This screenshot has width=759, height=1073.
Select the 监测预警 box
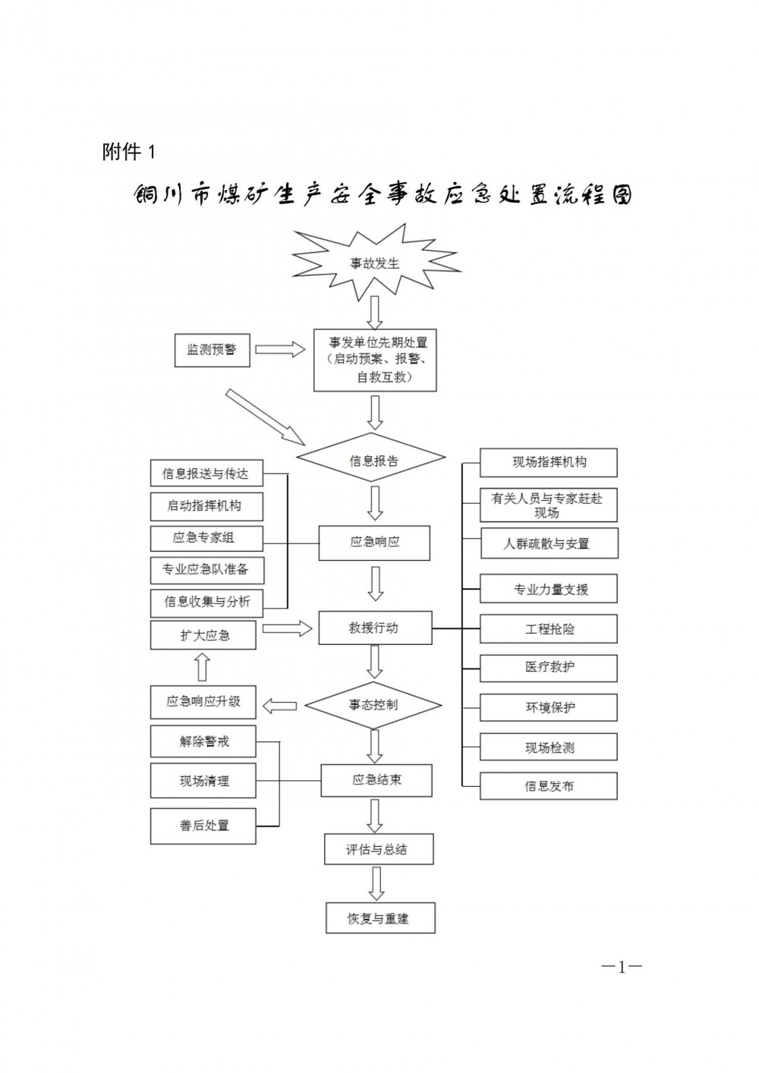[x=212, y=350]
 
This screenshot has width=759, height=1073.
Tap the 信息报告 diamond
[x=372, y=459]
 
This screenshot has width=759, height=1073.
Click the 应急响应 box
[x=374, y=543]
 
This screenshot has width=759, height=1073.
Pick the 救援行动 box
[x=374, y=628]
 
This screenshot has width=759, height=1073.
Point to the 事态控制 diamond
[x=373, y=705]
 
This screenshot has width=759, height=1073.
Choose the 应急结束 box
[x=376, y=780]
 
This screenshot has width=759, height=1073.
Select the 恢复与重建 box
[x=379, y=918]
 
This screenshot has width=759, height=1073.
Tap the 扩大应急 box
[x=203, y=634]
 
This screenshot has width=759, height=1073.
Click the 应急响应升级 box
[x=203, y=702]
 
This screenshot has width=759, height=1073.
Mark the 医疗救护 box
[x=549, y=668]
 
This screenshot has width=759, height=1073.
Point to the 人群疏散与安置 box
[x=549, y=543]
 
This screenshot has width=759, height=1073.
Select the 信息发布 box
[x=549, y=786]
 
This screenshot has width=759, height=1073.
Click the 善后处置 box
[x=203, y=826]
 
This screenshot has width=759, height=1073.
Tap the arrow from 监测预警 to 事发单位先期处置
[x=279, y=349]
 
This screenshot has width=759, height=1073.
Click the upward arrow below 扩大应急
[x=203, y=667]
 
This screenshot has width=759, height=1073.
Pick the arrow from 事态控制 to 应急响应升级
[x=279, y=706]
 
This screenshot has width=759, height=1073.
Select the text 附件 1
[x=128, y=152]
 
